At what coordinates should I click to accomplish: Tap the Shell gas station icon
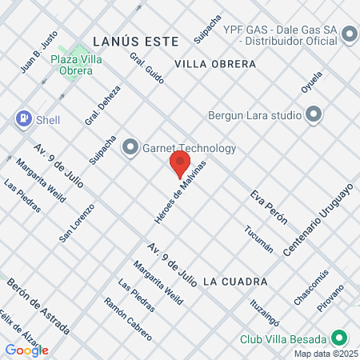point(24,119)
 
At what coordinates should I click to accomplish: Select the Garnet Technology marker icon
point(130,147)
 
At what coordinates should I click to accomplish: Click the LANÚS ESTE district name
point(125,39)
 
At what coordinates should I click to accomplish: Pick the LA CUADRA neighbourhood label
point(234,282)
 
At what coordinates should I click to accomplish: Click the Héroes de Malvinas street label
point(180,192)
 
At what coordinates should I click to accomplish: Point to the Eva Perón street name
point(268,207)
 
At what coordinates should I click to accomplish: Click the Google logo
point(26,350)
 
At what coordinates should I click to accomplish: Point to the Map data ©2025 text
point(324,354)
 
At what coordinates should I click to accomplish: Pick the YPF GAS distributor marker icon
point(348,34)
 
